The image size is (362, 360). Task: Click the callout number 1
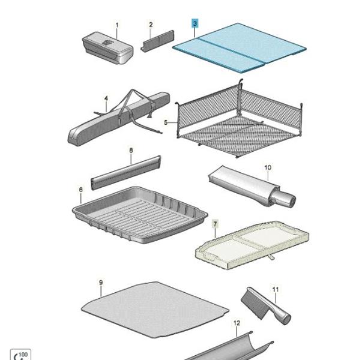tap(117, 25)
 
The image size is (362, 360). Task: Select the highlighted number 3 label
tap(195, 23)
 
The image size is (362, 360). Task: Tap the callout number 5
tap(166, 122)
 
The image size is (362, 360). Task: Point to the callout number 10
tap(268, 167)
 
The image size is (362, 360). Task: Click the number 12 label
tap(237, 323)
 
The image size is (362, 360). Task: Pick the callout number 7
tap(215, 224)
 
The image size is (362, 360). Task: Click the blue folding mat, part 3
tap(240, 48)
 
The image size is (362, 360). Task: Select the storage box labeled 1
tap(108, 48)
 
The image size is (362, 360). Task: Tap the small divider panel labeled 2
tap(157, 41)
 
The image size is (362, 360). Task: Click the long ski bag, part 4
tap(119, 118)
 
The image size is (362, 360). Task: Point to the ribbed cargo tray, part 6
tap(140, 215)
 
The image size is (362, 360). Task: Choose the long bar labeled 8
tap(126, 173)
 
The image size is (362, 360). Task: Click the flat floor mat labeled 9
tap(155, 309)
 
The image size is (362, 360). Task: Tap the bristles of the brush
tap(253, 303)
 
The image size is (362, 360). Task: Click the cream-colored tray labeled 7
tap(252, 245)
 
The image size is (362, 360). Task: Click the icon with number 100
tap(20, 355)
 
